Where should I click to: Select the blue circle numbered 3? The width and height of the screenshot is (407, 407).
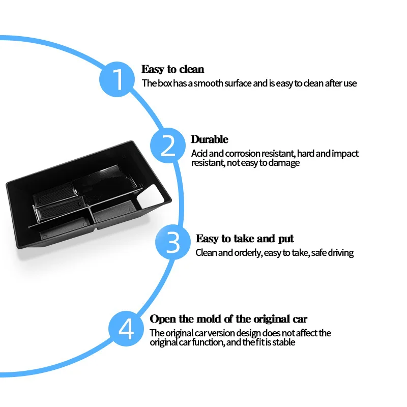173,243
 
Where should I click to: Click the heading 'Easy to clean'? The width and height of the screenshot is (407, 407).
172,69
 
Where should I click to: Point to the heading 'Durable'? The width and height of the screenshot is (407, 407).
209,139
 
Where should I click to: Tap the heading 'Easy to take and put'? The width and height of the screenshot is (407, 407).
244,239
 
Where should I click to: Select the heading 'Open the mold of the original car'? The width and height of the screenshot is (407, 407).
228,319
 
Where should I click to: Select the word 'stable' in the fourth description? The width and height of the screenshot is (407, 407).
284,342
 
